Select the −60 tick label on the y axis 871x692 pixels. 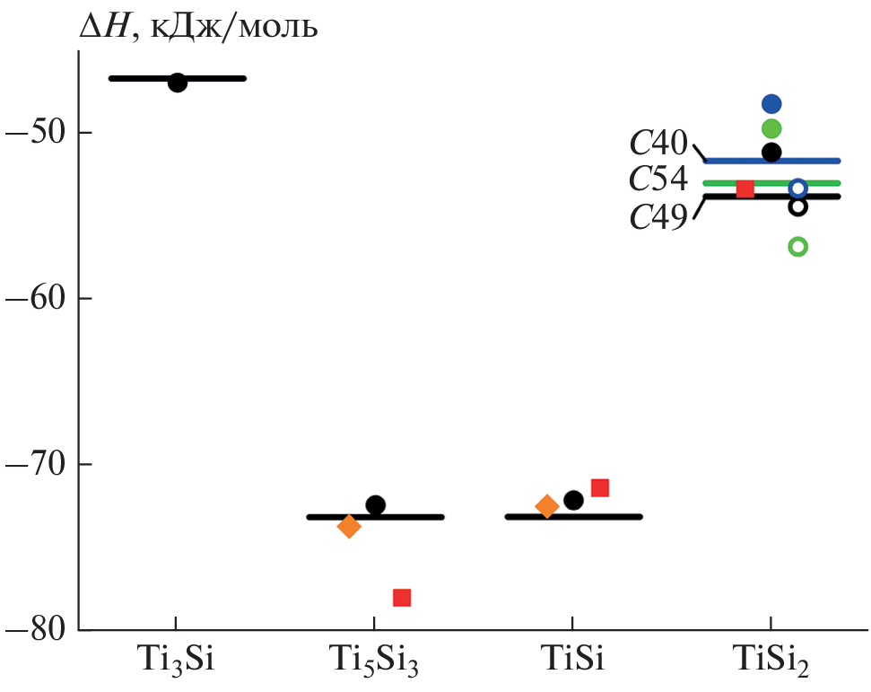click(35, 298)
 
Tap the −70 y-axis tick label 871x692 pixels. click(35, 464)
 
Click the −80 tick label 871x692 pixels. click(35, 629)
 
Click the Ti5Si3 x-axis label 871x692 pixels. click(374, 665)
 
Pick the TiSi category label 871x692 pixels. click(572, 662)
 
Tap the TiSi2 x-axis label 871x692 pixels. click(771, 665)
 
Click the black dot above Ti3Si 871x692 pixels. click(178, 83)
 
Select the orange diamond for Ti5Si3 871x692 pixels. click(349, 526)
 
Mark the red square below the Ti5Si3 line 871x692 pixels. click(402, 598)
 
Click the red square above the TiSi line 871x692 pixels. click(600, 488)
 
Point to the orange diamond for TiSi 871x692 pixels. click(546, 506)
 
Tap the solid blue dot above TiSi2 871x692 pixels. click(771, 104)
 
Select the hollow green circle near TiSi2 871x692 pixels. click(797, 247)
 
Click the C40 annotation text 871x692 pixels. click(658, 144)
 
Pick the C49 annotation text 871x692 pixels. click(658, 216)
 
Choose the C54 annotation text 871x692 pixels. click(658, 180)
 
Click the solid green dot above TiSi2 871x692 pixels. click(771, 128)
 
